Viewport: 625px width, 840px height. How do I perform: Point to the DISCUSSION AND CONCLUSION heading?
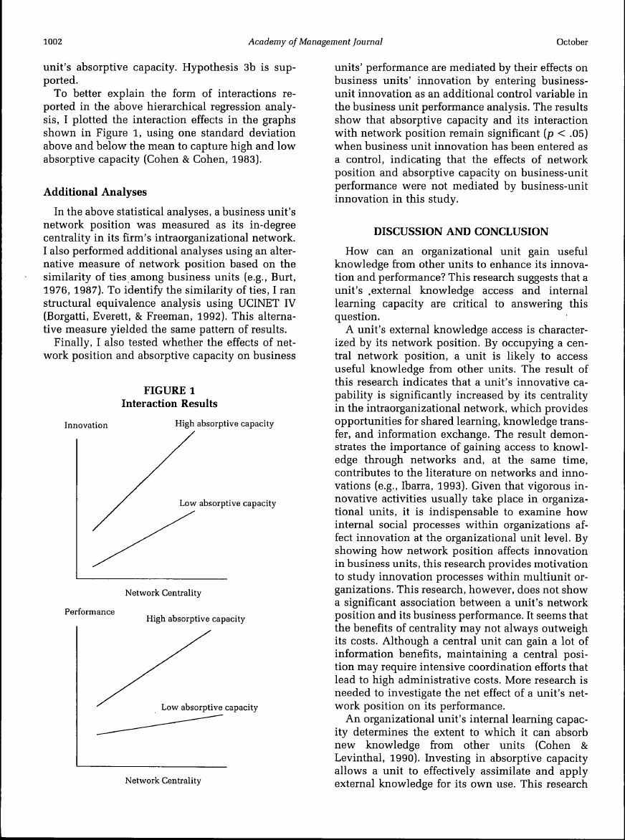tap(461, 232)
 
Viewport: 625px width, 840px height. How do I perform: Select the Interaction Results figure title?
tap(169, 404)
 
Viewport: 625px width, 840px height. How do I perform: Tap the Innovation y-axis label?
tap(86, 426)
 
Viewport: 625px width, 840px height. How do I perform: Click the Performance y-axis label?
tap(90, 614)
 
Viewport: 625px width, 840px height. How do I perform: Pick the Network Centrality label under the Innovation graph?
tap(163, 593)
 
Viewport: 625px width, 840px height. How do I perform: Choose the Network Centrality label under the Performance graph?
tap(163, 781)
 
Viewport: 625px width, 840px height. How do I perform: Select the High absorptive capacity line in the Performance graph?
tap(154, 667)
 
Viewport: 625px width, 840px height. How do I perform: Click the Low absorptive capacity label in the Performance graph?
tap(209, 707)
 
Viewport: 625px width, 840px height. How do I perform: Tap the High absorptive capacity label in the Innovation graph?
tap(224, 424)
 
